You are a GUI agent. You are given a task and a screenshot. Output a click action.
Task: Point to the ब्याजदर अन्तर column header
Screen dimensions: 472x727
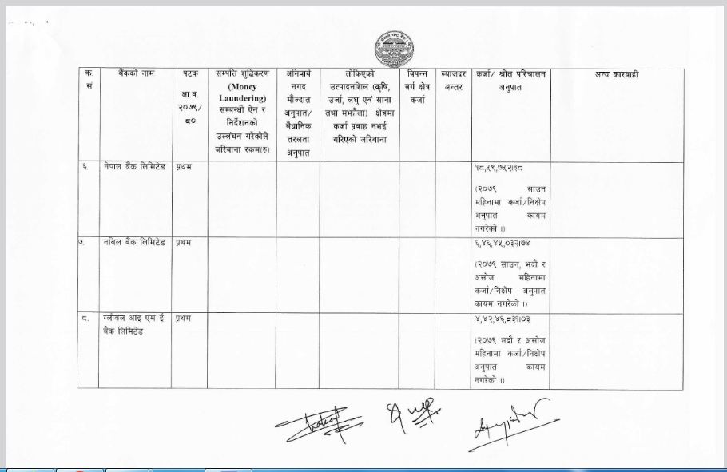coord(453,80)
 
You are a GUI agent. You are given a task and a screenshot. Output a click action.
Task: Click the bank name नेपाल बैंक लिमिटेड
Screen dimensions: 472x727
coord(133,168)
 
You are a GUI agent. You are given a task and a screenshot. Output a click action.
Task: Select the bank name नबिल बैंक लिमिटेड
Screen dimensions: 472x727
coord(133,240)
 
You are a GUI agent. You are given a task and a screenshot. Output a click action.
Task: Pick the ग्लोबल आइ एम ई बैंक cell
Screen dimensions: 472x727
coord(133,324)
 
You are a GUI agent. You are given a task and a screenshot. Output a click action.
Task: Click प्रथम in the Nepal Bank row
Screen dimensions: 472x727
coord(184,168)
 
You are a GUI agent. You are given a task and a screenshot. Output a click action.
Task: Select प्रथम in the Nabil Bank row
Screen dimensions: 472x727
coord(184,240)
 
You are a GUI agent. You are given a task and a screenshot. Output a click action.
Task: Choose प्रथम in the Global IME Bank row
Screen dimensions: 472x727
coord(184,319)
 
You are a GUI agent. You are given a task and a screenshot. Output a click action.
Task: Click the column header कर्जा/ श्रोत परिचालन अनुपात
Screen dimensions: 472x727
coord(510,80)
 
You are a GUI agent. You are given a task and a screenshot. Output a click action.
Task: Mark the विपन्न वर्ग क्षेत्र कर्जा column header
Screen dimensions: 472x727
coord(418,86)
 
